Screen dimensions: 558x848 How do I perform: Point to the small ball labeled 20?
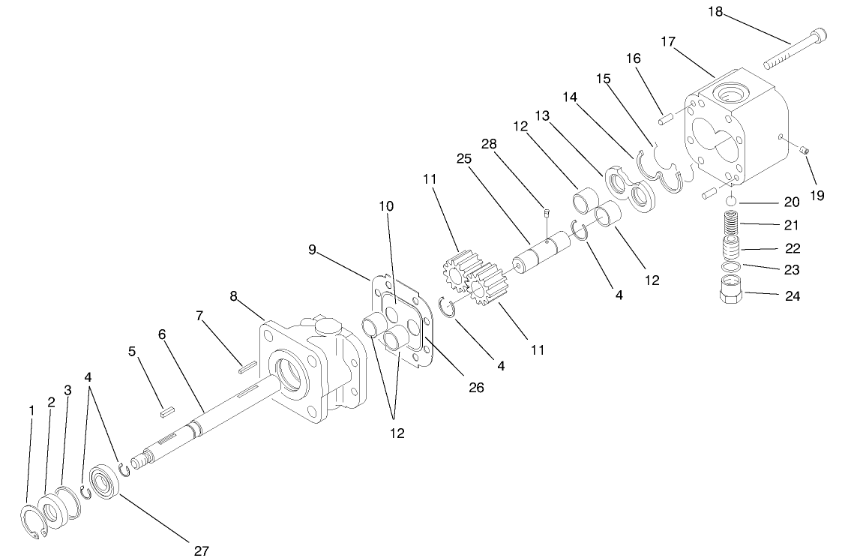(x=732, y=201)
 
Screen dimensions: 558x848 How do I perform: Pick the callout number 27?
(x=200, y=550)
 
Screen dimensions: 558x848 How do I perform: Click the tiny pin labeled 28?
(x=547, y=212)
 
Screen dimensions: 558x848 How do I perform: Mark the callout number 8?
(x=234, y=296)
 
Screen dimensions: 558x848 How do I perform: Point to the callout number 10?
(x=386, y=205)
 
